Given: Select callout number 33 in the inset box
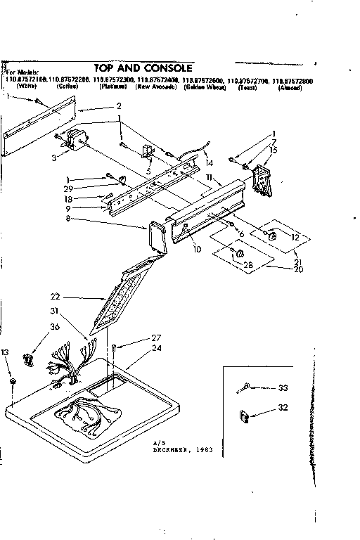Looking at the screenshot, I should coord(283,387).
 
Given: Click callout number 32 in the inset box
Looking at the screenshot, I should coord(283,407).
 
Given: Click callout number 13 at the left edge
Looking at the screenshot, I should coord(6,352).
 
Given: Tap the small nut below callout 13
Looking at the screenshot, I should coord(13,381).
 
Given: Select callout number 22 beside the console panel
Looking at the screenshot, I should coord(54,296).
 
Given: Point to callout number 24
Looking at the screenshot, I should coord(156,347).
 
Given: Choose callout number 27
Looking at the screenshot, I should coord(156,337).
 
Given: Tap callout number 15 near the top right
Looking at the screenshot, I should coord(274,150).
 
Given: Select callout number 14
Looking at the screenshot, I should coord(208,162).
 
